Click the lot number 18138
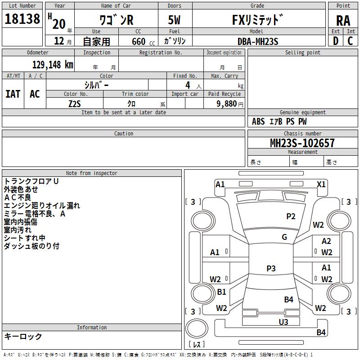tap(22, 19)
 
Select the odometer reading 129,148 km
tap(53, 65)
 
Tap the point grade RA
tap(343, 21)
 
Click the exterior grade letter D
tap(336, 41)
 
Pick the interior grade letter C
tap(350, 41)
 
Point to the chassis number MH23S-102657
tap(302, 143)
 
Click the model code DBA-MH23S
tap(258, 41)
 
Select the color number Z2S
tap(75, 104)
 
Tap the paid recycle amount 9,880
tap(227, 104)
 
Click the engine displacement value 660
tap(139, 41)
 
